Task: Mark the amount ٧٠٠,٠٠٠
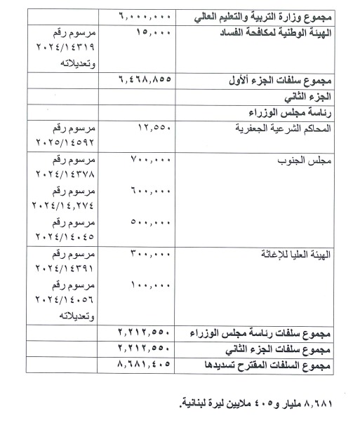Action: (x=149, y=161)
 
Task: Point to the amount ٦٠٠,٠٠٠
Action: (x=149, y=190)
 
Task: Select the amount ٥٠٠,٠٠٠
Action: (x=149, y=222)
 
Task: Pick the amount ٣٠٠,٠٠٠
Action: (x=149, y=255)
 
